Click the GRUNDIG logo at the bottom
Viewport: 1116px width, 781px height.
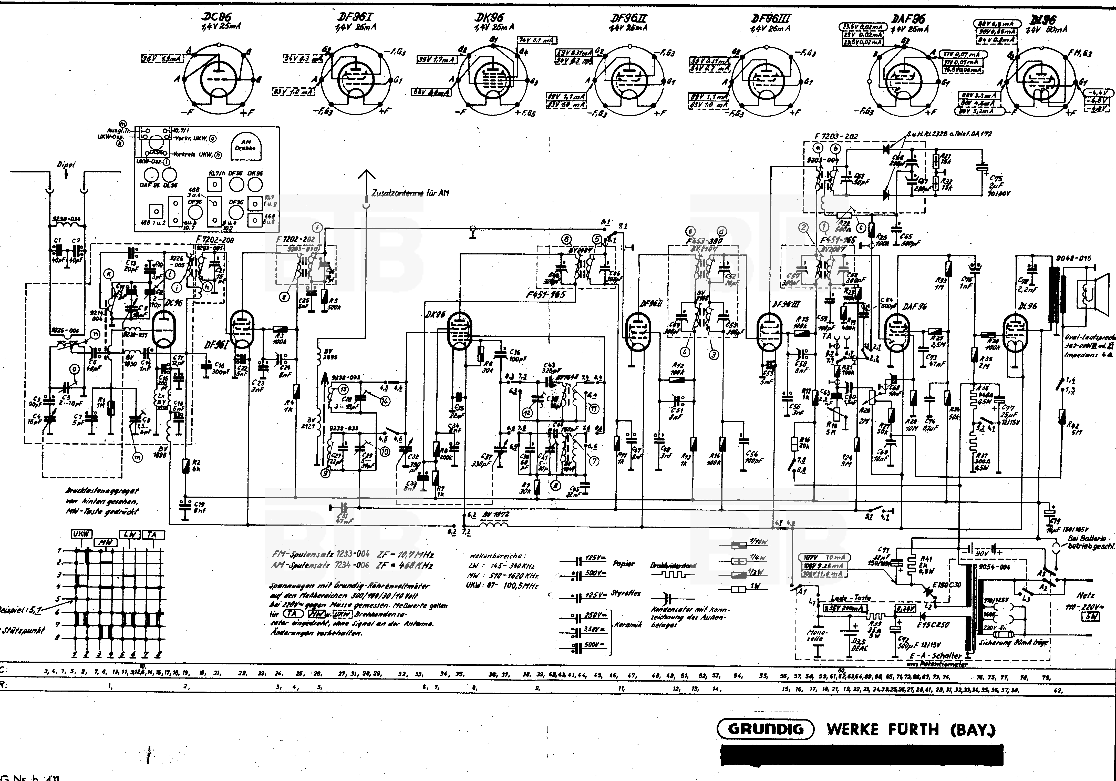tap(766, 729)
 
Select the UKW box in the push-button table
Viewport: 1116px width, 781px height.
tap(81, 534)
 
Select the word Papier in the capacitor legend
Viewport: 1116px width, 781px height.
tap(624, 564)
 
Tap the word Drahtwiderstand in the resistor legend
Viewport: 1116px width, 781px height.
tap(673, 565)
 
